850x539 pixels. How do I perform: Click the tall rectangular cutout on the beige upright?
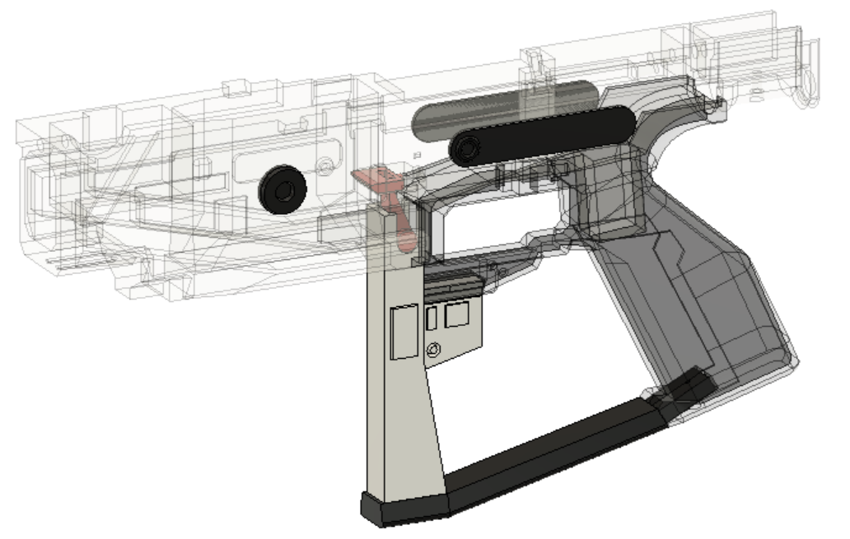point(404,331)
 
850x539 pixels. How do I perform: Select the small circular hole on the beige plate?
point(432,351)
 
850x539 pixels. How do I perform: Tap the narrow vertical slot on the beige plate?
point(431,321)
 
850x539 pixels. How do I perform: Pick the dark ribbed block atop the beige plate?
point(453,286)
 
